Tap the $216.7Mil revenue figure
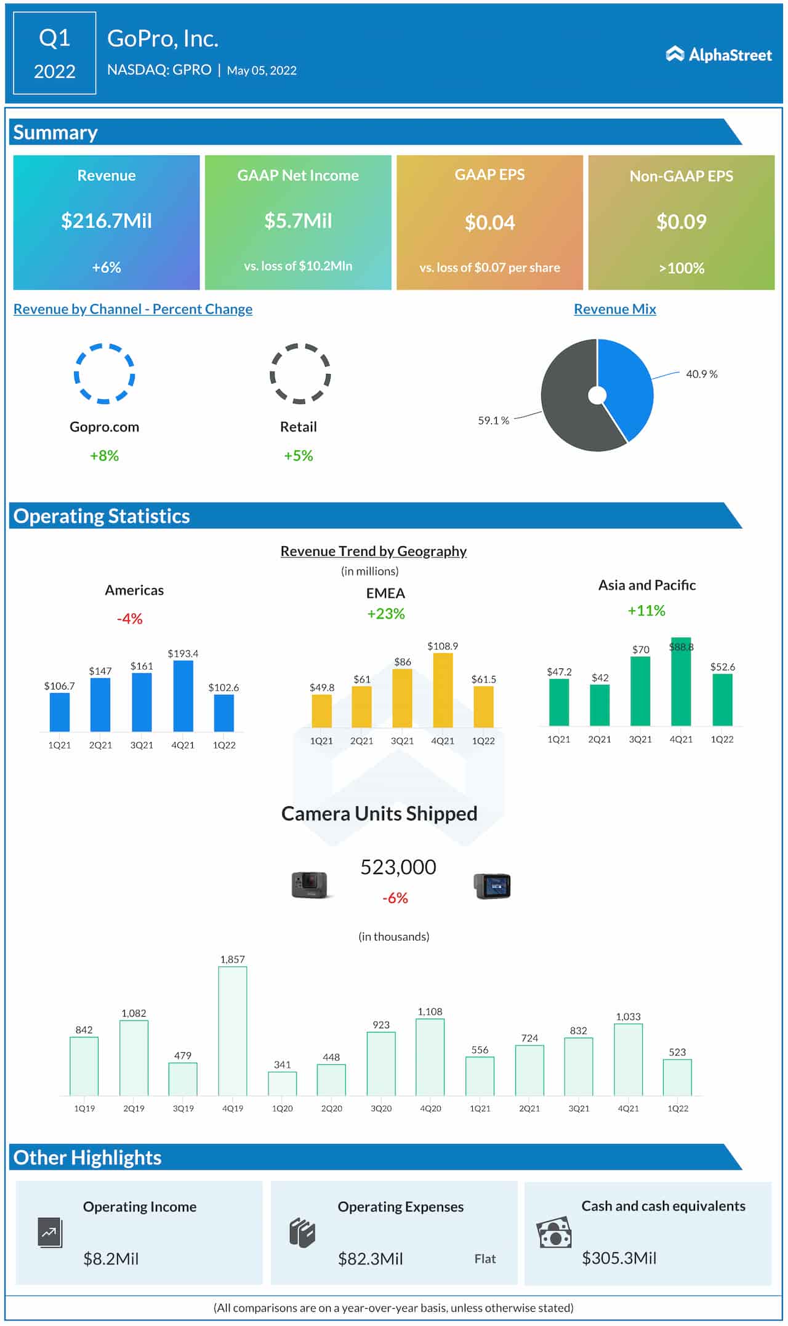107,221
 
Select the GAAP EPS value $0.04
489,223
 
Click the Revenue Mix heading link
614,309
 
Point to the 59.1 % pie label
493,421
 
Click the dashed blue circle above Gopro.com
105,373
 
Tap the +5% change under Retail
298,456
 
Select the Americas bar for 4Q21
183,696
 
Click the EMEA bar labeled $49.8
321,711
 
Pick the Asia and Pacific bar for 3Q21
640,691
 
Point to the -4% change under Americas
130,619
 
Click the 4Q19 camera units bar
233,1031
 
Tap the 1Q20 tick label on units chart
282,1108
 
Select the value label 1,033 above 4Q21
628,1017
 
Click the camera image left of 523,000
309,885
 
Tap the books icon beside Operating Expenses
302,1233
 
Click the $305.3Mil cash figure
619,1258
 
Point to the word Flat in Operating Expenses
484,1259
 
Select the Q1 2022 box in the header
55,54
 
